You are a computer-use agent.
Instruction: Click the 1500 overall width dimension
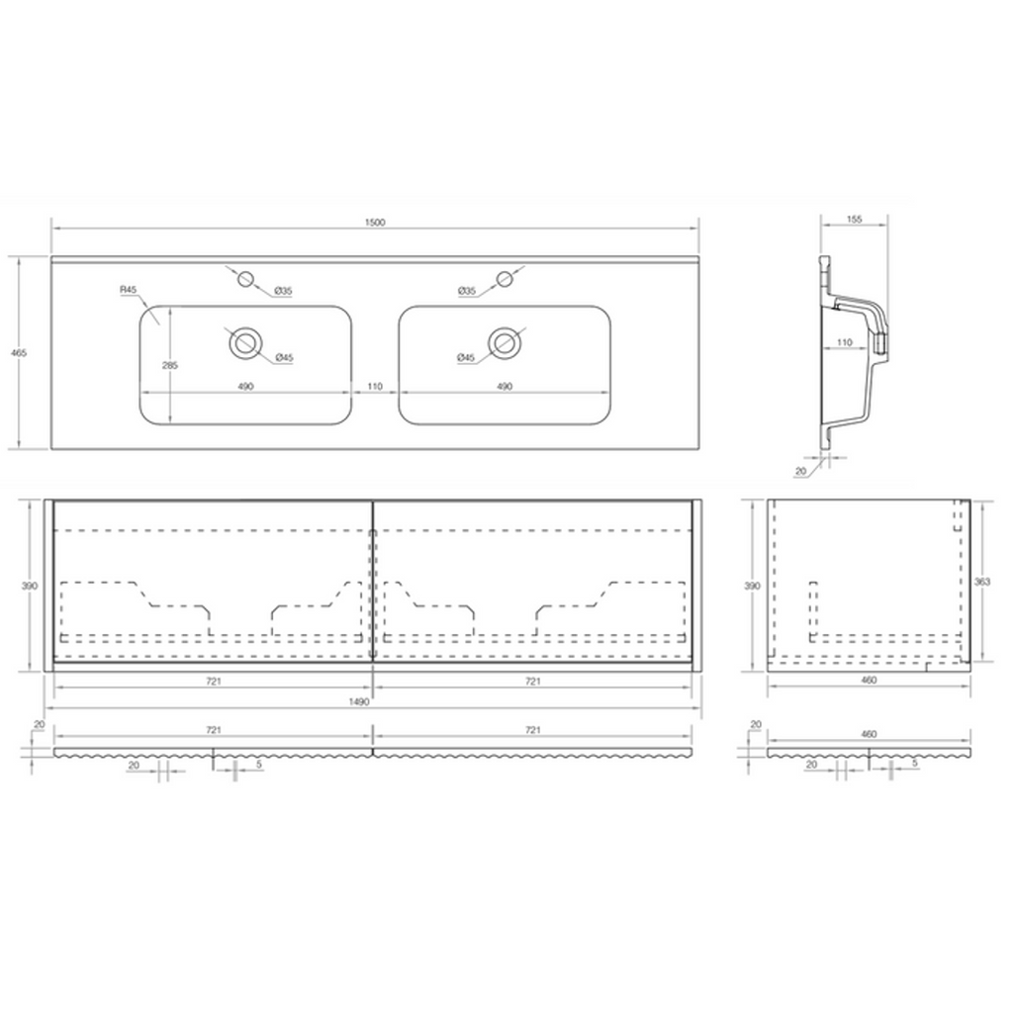pyautogui.click(x=375, y=223)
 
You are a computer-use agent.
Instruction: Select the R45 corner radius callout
pyautogui.click(x=128, y=290)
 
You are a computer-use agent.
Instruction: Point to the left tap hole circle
pyautogui.click(x=245, y=279)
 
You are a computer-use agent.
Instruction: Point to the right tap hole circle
pyautogui.click(x=505, y=279)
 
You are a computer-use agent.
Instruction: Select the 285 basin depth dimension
pyautogui.click(x=170, y=365)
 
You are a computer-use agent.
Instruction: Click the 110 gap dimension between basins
pyautogui.click(x=375, y=387)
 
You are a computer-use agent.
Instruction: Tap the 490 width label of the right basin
pyautogui.click(x=505, y=387)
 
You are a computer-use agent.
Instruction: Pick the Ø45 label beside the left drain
pyautogui.click(x=284, y=357)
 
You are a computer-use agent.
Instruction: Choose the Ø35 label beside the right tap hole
pyautogui.click(x=467, y=292)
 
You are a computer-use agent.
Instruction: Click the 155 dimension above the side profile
pyautogui.click(x=854, y=220)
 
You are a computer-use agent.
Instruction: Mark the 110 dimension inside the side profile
pyautogui.click(x=845, y=342)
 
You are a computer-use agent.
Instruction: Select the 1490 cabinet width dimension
pyautogui.click(x=359, y=701)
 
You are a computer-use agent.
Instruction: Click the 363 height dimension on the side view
pyautogui.click(x=982, y=582)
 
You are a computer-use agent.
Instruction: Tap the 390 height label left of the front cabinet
pyautogui.click(x=30, y=586)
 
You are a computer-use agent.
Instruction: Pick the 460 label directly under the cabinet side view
pyautogui.click(x=869, y=680)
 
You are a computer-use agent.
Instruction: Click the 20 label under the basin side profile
pyautogui.click(x=801, y=472)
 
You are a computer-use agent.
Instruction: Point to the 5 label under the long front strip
pyautogui.click(x=258, y=765)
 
